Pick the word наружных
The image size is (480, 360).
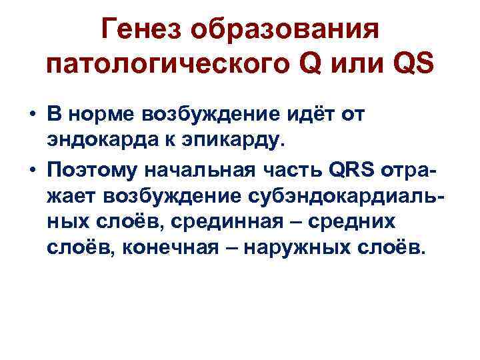[304, 249]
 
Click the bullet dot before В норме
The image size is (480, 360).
[32, 117]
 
